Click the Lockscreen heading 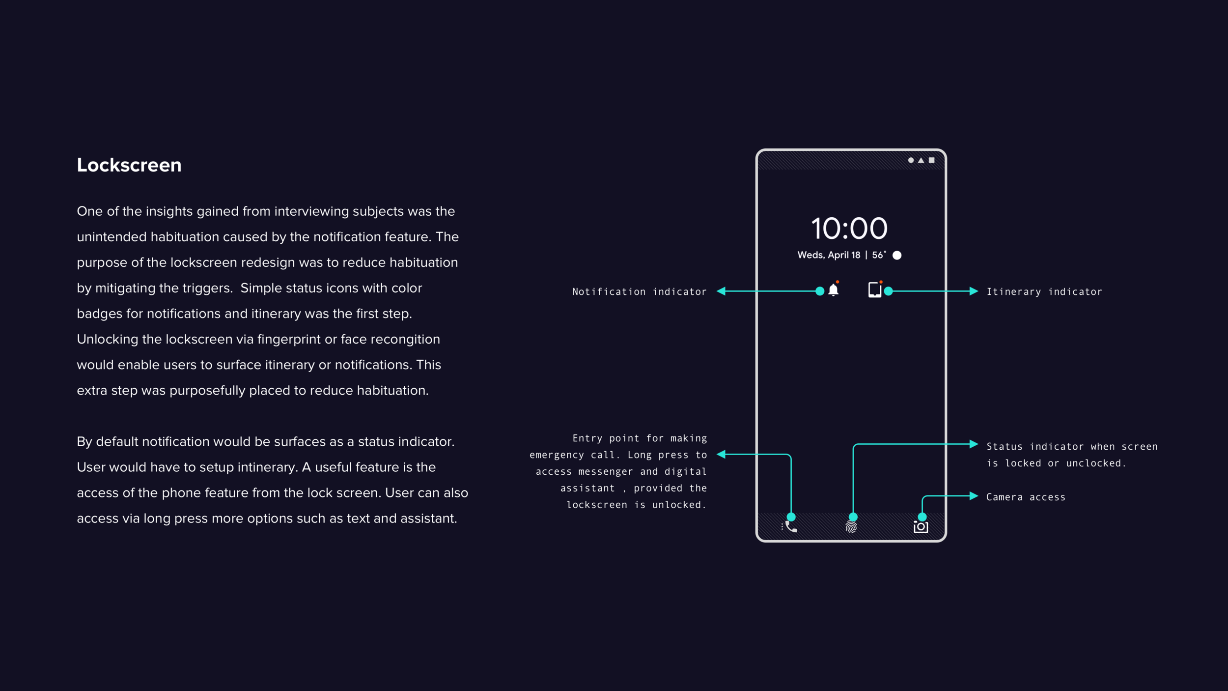129,165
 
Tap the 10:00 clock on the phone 849,229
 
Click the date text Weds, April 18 829,255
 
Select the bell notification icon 834,290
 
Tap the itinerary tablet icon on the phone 875,290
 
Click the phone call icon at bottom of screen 790,527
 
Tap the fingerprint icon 851,527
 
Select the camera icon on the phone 921,527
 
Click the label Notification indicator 640,292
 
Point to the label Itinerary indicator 1044,292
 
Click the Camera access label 1026,497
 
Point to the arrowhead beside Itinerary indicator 974,291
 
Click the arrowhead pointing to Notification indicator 721,291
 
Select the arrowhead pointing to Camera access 974,496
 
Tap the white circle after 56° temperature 897,255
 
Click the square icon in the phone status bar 931,160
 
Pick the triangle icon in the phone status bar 921,160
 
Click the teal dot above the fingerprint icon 853,517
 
